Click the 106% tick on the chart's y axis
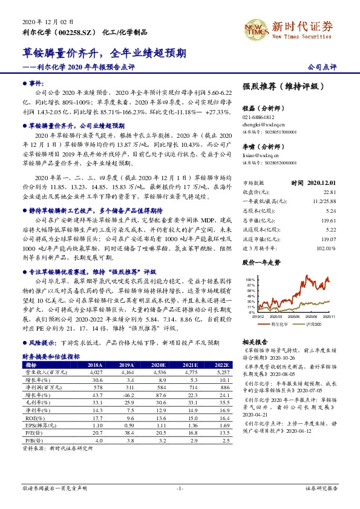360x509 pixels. tap(250, 280)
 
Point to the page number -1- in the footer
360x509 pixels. tap(180, 488)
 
